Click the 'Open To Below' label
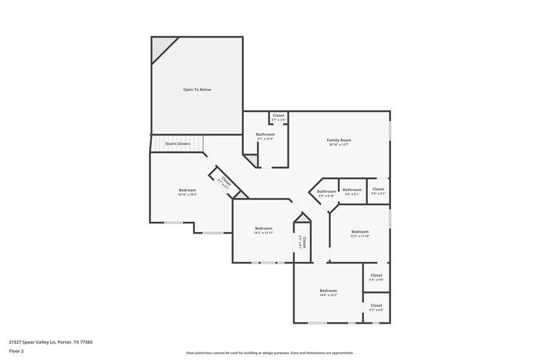[x=197, y=90]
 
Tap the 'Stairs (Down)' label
[x=177, y=144]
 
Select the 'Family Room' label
[x=339, y=140]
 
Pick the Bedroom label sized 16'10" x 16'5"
[x=187, y=190]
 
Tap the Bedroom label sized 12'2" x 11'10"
[x=359, y=232]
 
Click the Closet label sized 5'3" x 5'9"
[x=376, y=276]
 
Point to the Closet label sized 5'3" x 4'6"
[x=376, y=306]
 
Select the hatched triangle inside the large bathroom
[x=250, y=159]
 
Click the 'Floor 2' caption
[x=17, y=350]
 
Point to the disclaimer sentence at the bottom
[x=269, y=352]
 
